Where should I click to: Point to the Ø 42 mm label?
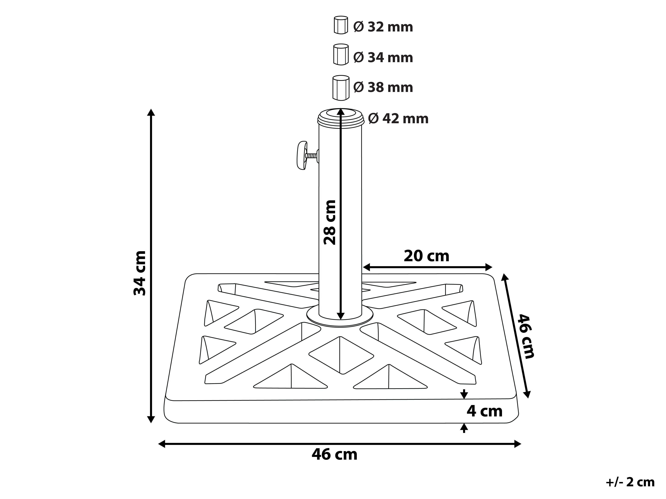398,119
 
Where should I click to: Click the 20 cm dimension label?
426,256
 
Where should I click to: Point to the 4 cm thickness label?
484,411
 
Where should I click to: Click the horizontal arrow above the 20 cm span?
428,267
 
